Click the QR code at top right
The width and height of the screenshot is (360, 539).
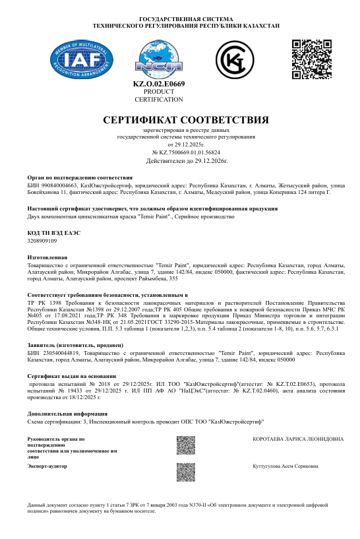[x=311, y=59]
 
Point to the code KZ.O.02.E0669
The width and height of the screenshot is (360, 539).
[x=159, y=84]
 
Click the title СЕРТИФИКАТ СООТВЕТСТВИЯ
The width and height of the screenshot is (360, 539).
[x=186, y=120]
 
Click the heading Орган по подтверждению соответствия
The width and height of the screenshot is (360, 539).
[x=80, y=177]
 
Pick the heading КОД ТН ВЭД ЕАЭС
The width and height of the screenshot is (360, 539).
[x=55, y=234]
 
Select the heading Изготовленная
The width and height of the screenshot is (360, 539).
[x=47, y=257]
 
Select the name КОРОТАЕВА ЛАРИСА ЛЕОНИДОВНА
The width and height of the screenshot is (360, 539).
[x=298, y=420]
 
